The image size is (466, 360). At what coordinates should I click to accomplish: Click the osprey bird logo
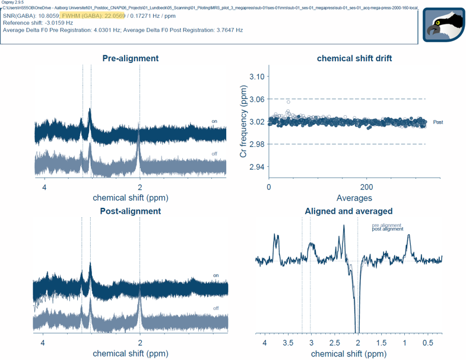(443, 24)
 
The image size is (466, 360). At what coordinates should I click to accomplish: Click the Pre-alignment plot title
(130, 58)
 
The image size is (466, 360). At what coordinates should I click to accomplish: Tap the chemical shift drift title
(354, 58)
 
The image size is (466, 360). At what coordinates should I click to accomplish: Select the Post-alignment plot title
(130, 211)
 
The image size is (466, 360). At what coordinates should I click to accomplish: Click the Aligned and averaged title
(348, 211)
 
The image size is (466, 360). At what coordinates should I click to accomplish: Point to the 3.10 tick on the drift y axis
(259, 77)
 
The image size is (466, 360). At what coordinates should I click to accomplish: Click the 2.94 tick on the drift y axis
(259, 167)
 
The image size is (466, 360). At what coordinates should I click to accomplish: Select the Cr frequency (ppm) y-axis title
(244, 122)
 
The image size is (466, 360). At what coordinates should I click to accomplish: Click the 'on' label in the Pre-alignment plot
(214, 121)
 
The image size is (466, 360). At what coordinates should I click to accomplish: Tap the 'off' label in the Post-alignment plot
(215, 308)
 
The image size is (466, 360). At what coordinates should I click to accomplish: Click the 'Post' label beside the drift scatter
(438, 122)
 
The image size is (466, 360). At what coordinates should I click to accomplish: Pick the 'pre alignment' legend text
(386, 225)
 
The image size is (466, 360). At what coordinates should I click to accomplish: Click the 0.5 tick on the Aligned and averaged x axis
(427, 343)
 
